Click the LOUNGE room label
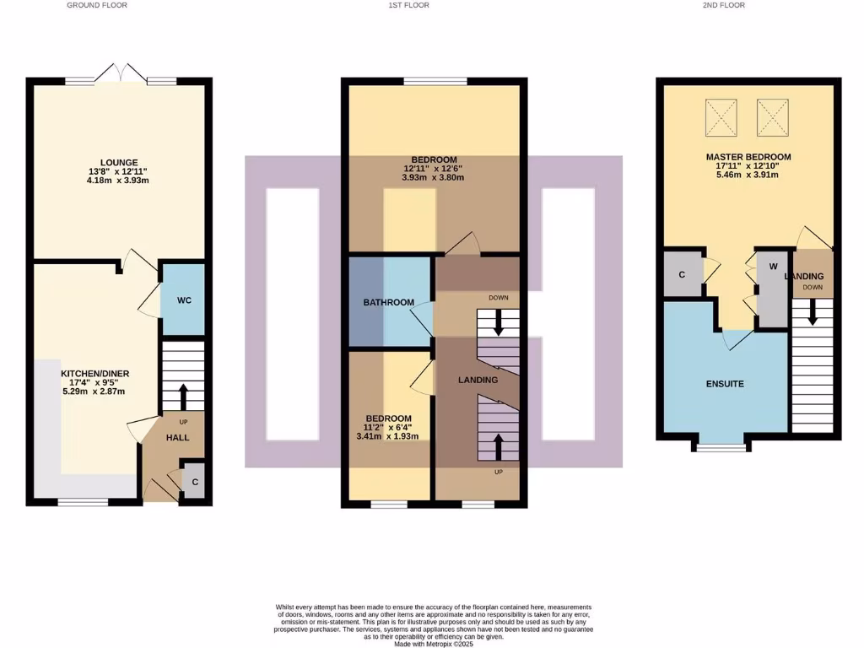119,162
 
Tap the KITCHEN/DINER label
94,373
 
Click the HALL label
177,438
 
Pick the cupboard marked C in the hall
194,482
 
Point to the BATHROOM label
389,302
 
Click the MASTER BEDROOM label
748,157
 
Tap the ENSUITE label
725,383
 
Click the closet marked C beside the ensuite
682,274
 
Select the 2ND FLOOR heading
723,5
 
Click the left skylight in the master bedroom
721,116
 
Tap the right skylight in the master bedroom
774,116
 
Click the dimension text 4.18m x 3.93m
119,181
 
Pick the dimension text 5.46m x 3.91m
748,175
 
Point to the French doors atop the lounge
120,74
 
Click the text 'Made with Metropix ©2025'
434,644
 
